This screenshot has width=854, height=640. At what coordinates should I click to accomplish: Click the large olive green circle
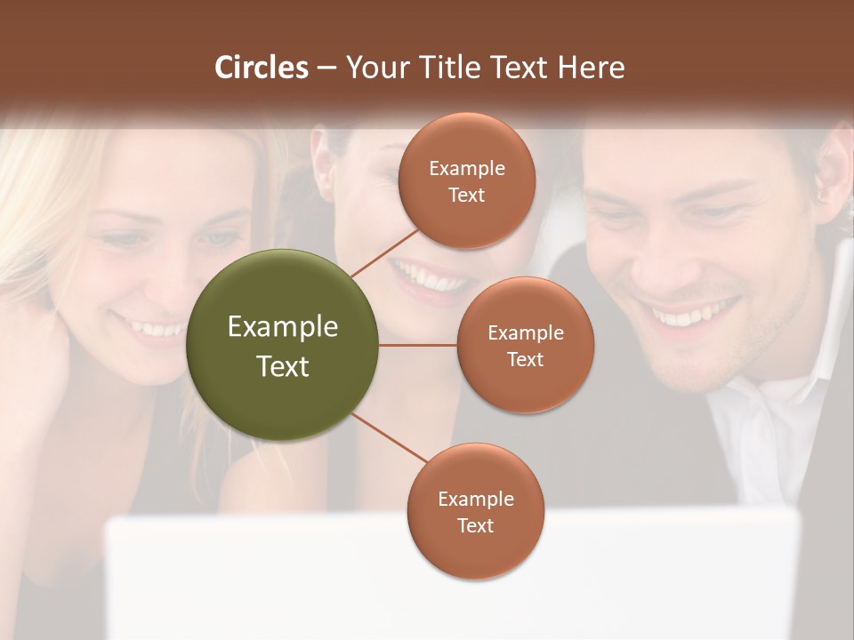283,346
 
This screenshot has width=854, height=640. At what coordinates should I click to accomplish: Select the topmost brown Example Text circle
466,180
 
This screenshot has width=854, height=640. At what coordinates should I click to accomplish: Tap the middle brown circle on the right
525,345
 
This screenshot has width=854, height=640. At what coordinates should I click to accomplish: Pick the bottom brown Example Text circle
475,511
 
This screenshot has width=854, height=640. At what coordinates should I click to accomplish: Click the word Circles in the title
262,67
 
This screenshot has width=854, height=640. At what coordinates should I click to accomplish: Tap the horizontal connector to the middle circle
418,345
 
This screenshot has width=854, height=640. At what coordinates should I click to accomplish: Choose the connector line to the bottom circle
389,436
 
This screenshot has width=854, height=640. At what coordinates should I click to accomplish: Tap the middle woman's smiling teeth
431,280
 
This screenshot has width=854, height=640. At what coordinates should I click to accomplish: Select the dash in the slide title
326,68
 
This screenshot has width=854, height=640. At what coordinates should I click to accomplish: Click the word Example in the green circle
283,326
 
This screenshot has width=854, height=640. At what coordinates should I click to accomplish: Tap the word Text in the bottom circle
475,525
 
